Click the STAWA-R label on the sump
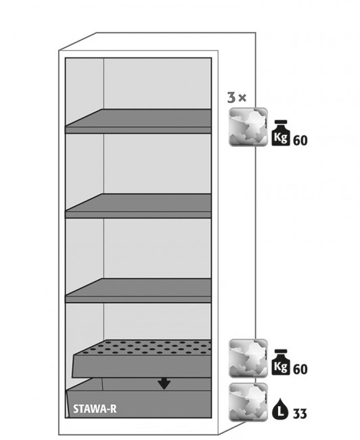(x=95, y=409)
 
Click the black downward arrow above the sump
(x=164, y=383)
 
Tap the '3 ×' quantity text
(x=237, y=97)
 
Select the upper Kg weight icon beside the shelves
(x=281, y=133)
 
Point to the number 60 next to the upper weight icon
(x=300, y=140)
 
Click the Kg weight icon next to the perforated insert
(x=281, y=362)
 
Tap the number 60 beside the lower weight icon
(x=300, y=370)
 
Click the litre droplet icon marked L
(x=280, y=409)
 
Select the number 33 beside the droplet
(x=300, y=414)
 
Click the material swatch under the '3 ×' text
(x=248, y=127)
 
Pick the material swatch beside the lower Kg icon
(x=248, y=358)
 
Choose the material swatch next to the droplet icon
(x=248, y=402)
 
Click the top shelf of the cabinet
(x=138, y=121)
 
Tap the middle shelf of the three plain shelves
(x=138, y=206)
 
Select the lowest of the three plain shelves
(x=138, y=290)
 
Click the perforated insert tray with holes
(x=142, y=359)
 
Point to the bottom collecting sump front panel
(x=139, y=404)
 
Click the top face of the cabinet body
(x=157, y=41)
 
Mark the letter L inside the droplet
(x=280, y=412)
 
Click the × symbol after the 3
(x=242, y=98)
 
